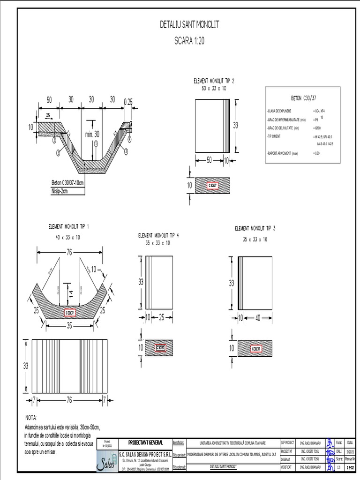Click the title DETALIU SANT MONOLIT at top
point(189,25)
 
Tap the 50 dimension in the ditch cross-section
point(49,99)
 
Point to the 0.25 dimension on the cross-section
point(127,102)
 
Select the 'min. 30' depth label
point(92,134)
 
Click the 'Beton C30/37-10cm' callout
point(67,183)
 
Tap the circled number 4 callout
point(129,140)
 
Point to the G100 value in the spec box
point(317,128)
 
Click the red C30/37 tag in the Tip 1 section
point(70,313)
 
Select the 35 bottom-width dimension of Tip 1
point(69,325)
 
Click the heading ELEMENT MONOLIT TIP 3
point(255,228)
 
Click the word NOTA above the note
point(30,418)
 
